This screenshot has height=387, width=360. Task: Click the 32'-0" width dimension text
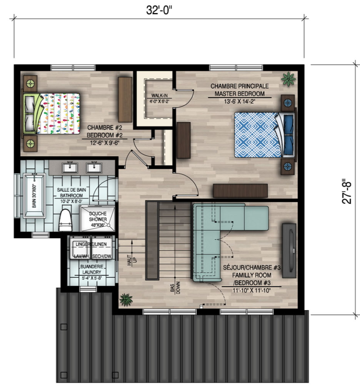[159, 10]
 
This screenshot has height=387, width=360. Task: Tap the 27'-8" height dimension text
[347, 191]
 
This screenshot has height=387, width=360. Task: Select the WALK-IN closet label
[159, 95]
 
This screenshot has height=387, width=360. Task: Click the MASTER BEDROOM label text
[240, 94]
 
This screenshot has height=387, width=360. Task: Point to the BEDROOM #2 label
[105, 135]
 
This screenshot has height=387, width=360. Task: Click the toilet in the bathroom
[65, 220]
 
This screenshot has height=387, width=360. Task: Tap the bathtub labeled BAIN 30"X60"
[34, 196]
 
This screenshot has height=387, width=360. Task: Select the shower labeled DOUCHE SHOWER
[97, 218]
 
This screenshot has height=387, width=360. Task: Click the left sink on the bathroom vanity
[70, 168]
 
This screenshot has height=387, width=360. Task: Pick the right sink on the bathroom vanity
[94, 168]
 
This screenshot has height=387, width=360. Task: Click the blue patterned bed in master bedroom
[265, 135]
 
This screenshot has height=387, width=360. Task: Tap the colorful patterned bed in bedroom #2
[51, 114]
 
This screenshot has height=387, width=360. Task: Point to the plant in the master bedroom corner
[288, 79]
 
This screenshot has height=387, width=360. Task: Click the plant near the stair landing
[126, 300]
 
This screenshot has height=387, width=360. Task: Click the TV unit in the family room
[289, 250]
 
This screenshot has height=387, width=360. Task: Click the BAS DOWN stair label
[175, 288]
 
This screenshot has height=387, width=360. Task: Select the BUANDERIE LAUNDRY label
[91, 269]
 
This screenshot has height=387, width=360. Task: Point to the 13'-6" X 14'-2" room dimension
[240, 101]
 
